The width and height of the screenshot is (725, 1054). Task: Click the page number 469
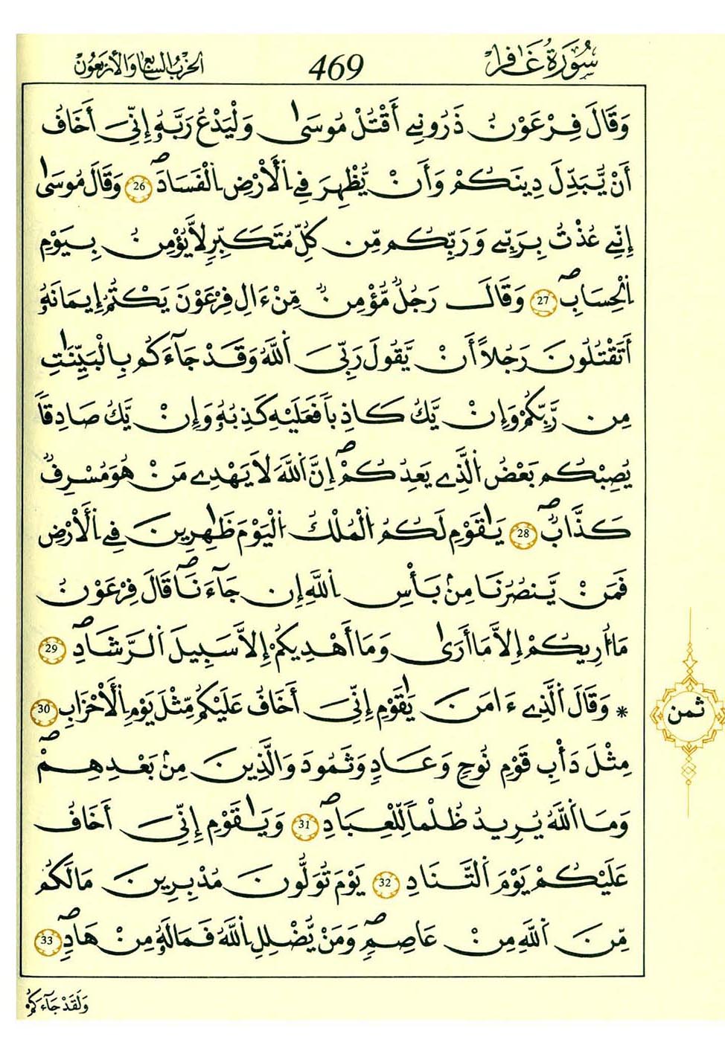pos(336,68)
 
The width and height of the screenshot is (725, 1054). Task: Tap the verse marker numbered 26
pos(138,186)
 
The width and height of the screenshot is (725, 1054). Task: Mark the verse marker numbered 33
pos(46,940)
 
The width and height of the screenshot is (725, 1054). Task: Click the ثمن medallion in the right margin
pos(685,715)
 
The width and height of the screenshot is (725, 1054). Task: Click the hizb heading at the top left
pos(138,67)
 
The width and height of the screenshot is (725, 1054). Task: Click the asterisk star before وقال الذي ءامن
pos(623,712)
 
